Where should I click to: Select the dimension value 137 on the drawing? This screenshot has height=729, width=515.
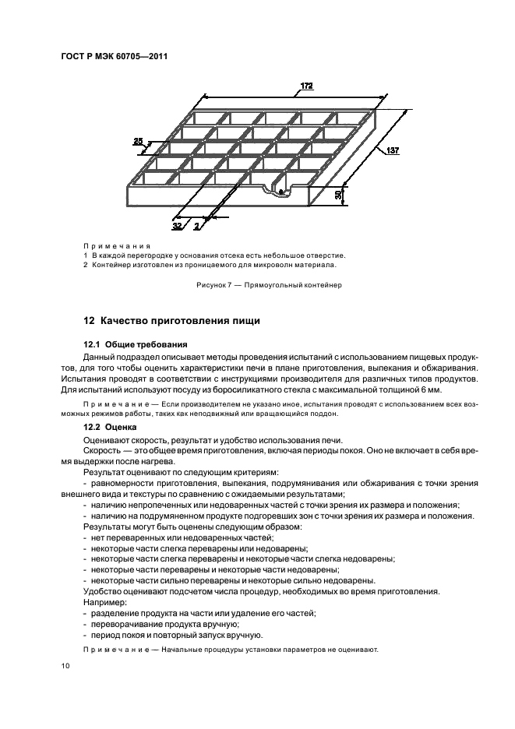[391, 152]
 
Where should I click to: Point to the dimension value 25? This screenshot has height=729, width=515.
[138, 141]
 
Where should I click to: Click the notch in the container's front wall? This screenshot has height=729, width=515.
[279, 187]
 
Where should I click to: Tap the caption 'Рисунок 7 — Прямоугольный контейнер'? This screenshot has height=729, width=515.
[269, 285]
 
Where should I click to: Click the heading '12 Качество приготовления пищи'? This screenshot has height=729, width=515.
[171, 321]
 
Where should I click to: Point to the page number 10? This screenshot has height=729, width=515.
[65, 666]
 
